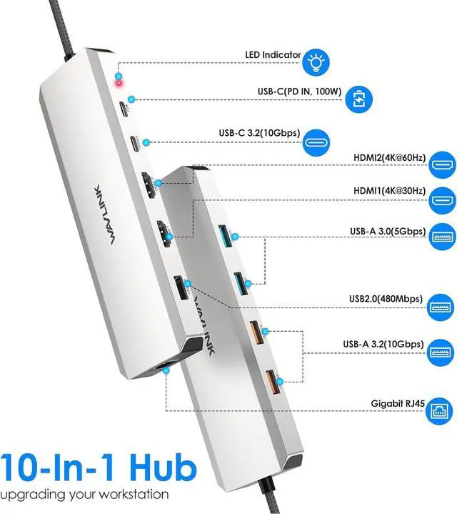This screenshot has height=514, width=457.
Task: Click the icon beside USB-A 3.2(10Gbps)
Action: (439, 352)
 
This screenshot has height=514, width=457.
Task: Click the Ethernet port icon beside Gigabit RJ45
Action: (439, 412)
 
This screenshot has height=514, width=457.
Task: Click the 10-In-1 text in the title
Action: (51, 468)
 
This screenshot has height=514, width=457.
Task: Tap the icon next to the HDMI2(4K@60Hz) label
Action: (439, 166)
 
